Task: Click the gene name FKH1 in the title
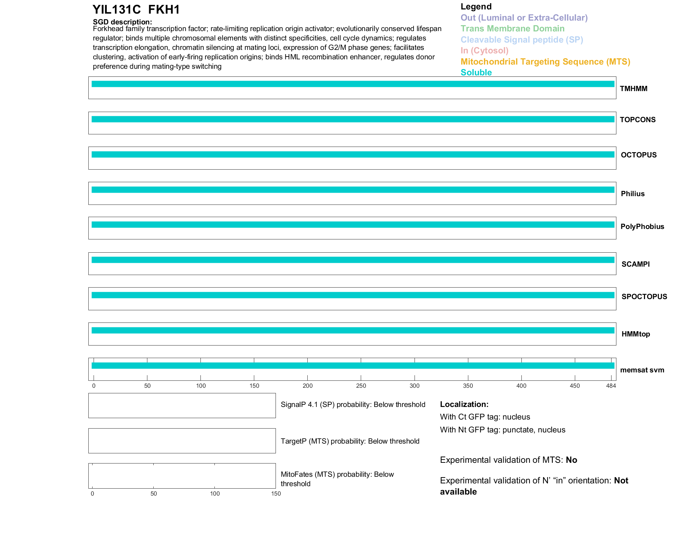pyautogui.click(x=164, y=10)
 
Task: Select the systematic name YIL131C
pyautogui.click(x=117, y=10)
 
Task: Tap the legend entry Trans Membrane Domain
pyautogui.click(x=512, y=29)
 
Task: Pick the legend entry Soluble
pyautogui.click(x=476, y=73)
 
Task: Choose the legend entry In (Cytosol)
pyautogui.click(x=484, y=51)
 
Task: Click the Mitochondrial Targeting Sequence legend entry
pyautogui.click(x=545, y=62)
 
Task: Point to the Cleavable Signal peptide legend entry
pyautogui.click(x=522, y=40)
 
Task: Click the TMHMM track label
pyautogui.click(x=634, y=89)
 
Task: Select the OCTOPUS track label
pyautogui.click(x=638, y=155)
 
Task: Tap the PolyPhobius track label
pyautogui.click(x=642, y=227)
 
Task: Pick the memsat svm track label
pyautogui.click(x=642, y=370)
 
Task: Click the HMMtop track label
pyautogui.click(x=636, y=334)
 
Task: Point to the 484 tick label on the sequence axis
pyautogui.click(x=611, y=386)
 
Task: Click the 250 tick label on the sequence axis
pyautogui.click(x=361, y=386)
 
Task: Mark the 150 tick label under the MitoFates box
pyautogui.click(x=276, y=494)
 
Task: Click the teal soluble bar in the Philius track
pyautogui.click(x=353, y=190)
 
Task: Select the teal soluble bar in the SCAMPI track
pyautogui.click(x=353, y=260)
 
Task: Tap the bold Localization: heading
pyautogui.click(x=464, y=405)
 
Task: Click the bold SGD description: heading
pyautogui.click(x=122, y=22)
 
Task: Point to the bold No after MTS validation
pyautogui.click(x=571, y=460)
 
